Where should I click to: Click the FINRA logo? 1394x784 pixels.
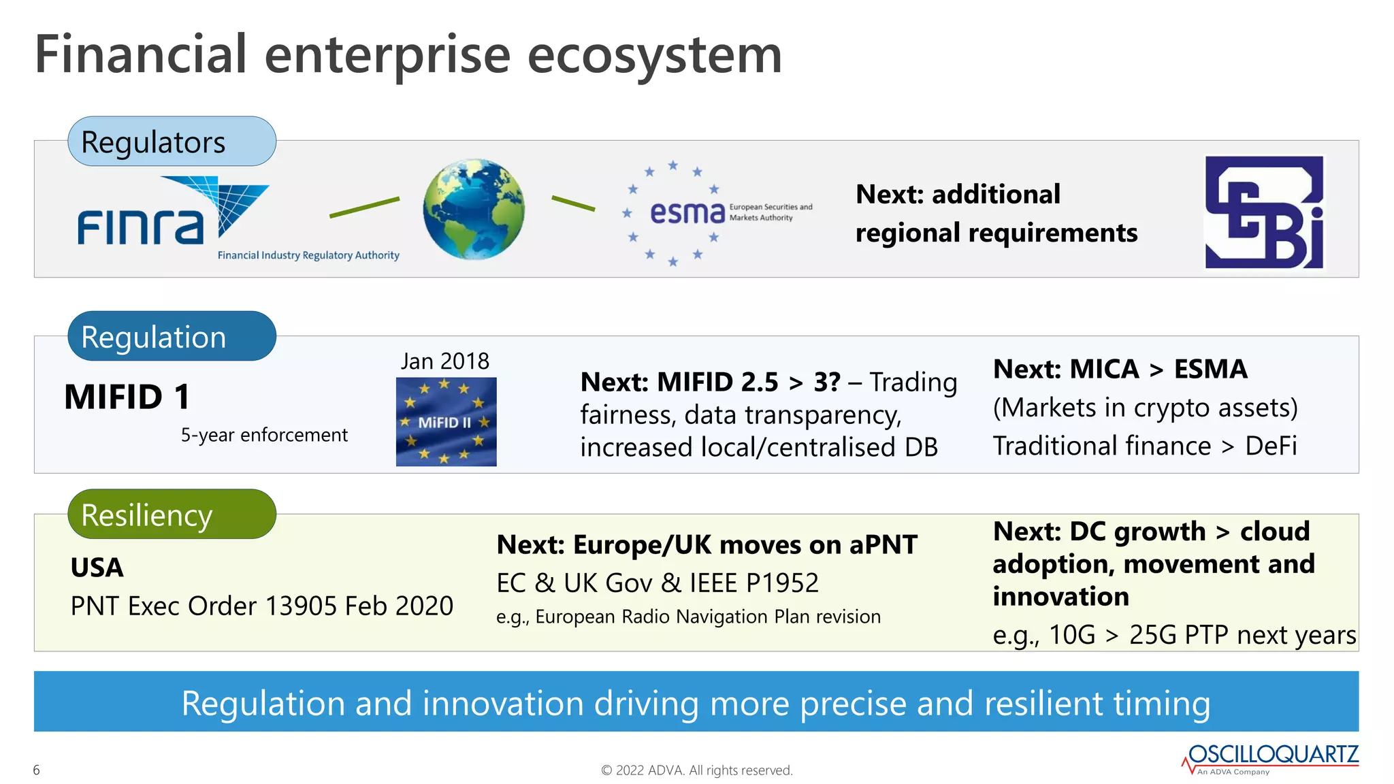pyautogui.click(x=174, y=214)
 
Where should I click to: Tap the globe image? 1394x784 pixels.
pyautogui.click(x=474, y=209)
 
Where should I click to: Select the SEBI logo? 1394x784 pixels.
pyautogui.click(x=1264, y=212)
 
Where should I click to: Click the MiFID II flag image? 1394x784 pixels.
pyautogui.click(x=446, y=422)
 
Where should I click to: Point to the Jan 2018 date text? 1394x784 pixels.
pyautogui.click(x=445, y=361)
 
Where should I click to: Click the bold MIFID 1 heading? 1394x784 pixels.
pyautogui.click(x=127, y=397)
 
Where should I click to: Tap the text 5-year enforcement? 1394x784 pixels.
pyautogui.click(x=264, y=435)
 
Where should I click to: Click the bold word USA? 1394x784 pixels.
pyautogui.click(x=97, y=568)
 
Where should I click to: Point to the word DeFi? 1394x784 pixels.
pyautogui.click(x=1271, y=446)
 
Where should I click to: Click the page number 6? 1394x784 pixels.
pyautogui.click(x=37, y=770)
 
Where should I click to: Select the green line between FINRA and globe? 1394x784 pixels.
pyautogui.click(x=364, y=207)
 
